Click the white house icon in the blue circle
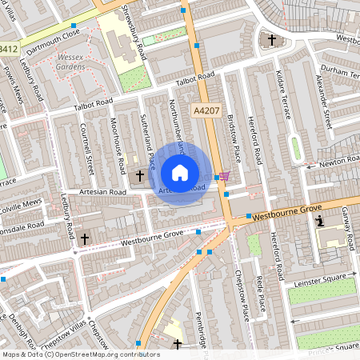click(180, 173)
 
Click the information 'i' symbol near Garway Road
click(320, 221)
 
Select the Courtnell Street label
click(88, 150)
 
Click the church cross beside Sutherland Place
click(140, 174)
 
